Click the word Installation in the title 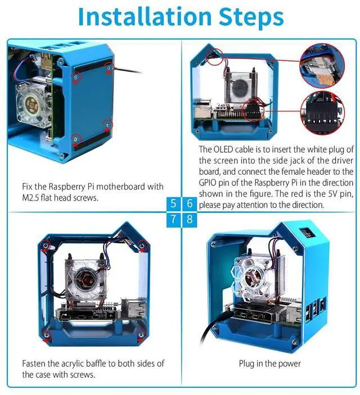(x=145, y=17)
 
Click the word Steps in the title (x=251, y=17)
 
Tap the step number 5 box (x=173, y=203)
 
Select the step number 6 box (x=190, y=203)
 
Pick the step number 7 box (x=173, y=220)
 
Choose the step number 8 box (x=190, y=220)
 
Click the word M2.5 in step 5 (x=30, y=198)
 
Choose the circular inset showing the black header (x=323, y=113)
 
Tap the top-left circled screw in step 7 (x=46, y=246)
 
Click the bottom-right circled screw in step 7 (x=141, y=335)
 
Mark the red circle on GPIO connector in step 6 (x=253, y=110)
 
